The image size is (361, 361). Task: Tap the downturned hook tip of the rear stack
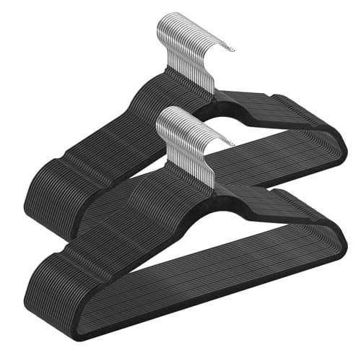[232, 49]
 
